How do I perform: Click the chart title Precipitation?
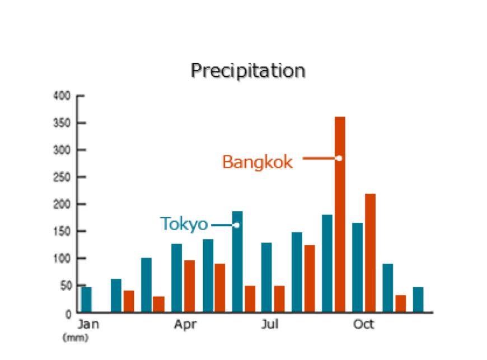point(248,71)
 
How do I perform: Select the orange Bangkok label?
point(257,162)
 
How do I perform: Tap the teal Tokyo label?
point(184,224)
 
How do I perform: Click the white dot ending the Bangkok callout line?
point(339,158)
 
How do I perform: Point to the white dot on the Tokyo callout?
point(236,225)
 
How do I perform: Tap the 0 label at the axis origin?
point(68,314)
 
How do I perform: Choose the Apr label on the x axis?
point(185,325)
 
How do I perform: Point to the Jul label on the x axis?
point(270,325)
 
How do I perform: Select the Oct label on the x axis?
point(363,325)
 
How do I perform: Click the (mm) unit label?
point(76,338)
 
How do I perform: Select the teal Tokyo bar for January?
point(86,299)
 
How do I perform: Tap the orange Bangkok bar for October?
point(370,253)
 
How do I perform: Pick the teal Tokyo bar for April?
point(177,278)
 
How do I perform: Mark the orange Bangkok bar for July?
point(279,298)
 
